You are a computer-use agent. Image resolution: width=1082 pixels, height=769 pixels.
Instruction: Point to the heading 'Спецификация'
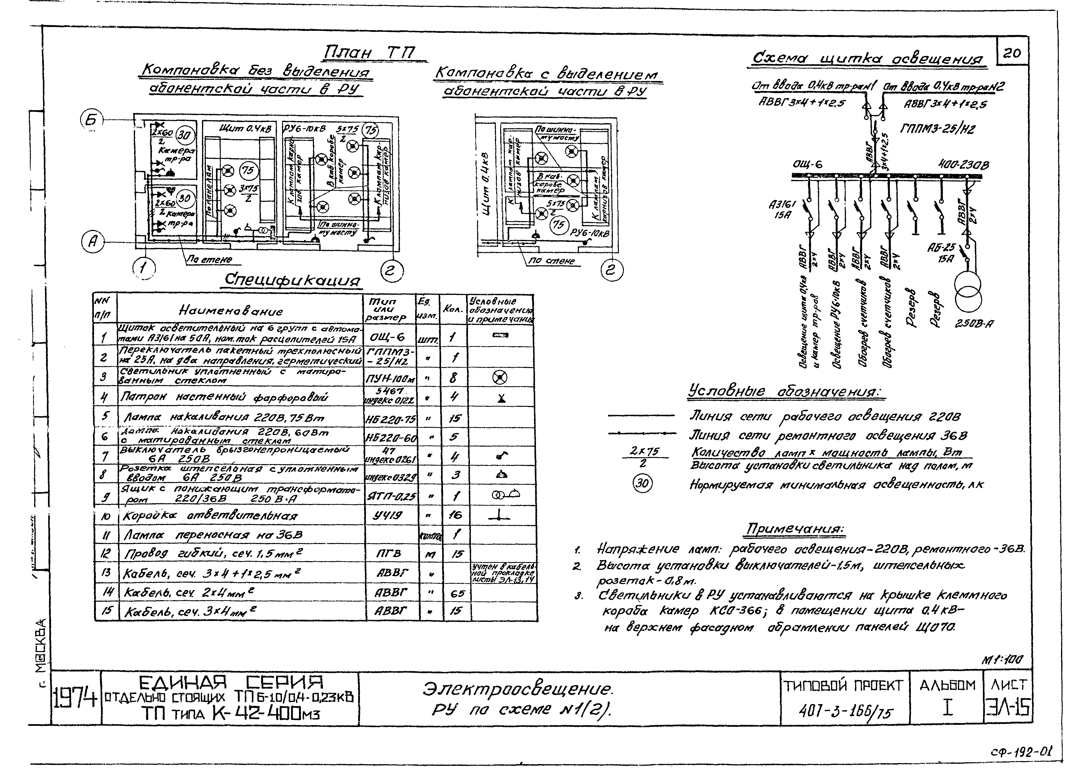coord(292,280)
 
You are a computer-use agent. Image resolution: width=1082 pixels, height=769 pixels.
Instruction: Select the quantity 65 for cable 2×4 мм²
coord(457,593)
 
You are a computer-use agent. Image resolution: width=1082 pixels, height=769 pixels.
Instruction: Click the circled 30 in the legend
coord(643,483)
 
